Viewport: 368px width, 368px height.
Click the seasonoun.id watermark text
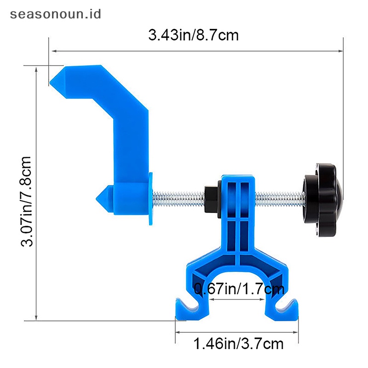55,14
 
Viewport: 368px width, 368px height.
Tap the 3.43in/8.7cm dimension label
194,35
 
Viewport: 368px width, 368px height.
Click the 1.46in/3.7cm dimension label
238,343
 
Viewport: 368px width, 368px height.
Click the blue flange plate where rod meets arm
150,198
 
